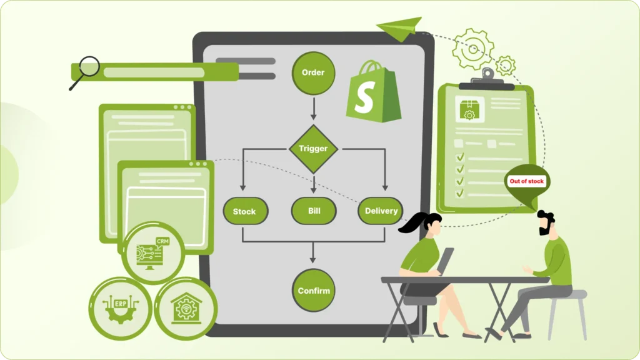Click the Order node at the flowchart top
coord(313,72)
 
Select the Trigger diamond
coord(313,149)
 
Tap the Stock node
coord(245,211)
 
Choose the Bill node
coord(314,211)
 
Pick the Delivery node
coord(380,211)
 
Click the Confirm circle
coord(313,291)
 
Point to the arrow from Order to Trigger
coord(313,108)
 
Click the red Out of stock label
coord(527,181)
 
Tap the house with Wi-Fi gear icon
coord(186,308)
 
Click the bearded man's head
coord(546,222)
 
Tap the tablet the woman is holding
coord(446,261)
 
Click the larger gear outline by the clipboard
coord(473,48)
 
